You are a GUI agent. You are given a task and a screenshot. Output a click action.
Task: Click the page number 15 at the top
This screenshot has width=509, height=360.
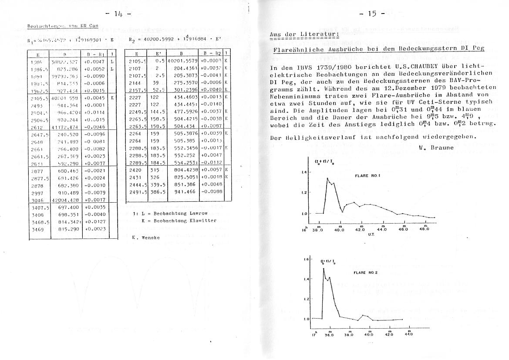372,14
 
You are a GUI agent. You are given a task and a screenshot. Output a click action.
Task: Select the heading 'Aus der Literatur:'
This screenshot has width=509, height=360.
303,34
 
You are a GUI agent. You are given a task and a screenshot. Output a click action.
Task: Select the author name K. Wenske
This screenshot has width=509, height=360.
145,238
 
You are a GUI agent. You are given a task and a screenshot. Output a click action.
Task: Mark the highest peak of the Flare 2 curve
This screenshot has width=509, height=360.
324,268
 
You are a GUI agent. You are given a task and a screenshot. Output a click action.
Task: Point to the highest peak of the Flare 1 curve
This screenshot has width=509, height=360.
327,178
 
